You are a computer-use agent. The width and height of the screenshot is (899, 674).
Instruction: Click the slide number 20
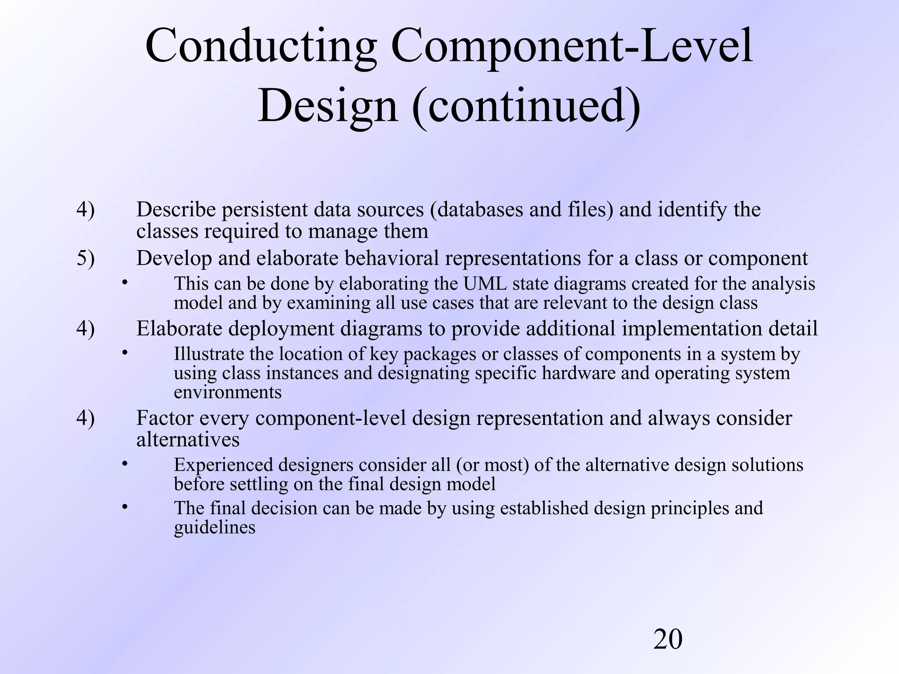point(668,639)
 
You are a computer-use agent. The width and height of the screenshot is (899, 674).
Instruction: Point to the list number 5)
point(85,258)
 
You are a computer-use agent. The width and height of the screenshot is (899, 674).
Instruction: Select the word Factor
point(165,418)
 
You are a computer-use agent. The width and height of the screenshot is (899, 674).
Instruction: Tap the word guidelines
point(214,527)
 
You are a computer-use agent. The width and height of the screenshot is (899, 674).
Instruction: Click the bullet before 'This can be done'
point(125,283)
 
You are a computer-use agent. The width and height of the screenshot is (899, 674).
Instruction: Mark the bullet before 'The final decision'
point(125,507)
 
